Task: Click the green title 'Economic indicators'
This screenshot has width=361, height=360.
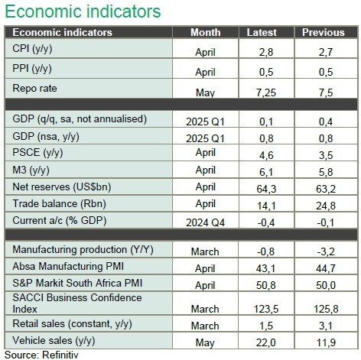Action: (83, 11)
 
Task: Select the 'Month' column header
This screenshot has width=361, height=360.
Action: (206, 32)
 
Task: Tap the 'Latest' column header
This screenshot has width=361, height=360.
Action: (262, 32)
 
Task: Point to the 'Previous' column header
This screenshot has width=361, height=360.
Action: (324, 32)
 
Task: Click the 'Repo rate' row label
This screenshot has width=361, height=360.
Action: (34, 89)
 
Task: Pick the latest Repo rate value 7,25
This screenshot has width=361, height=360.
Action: (266, 92)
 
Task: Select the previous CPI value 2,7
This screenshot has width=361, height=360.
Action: (326, 52)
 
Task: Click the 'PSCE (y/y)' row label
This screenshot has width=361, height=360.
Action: (37, 153)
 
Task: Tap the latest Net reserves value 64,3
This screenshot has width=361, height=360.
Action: (266, 189)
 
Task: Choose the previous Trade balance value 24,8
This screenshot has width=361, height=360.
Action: (326, 206)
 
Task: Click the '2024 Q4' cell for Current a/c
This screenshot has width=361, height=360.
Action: (205, 222)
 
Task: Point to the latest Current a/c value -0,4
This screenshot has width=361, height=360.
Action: (266, 222)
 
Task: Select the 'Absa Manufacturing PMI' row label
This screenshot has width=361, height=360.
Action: (68, 266)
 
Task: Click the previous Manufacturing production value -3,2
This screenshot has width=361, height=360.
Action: (326, 251)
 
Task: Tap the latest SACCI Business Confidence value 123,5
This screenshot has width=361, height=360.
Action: (266, 309)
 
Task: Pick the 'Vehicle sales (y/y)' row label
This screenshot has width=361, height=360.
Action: (54, 341)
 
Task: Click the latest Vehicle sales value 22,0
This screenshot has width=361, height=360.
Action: (266, 342)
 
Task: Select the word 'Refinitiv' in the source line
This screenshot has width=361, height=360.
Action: (60, 355)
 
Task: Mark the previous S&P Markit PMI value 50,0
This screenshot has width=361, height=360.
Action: (326, 285)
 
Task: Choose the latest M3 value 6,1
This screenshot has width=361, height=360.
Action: (266, 172)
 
